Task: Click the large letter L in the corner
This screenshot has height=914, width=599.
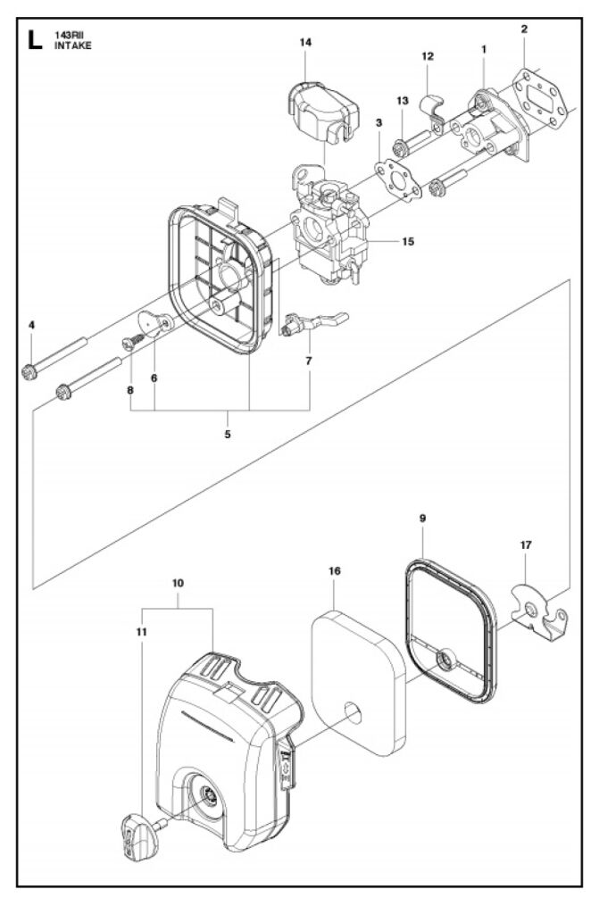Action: (35, 39)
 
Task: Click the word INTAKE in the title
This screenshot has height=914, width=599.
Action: (73, 46)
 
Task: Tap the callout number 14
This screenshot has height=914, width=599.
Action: (305, 42)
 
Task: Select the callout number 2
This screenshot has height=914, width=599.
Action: (524, 29)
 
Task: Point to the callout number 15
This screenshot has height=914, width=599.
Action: (408, 241)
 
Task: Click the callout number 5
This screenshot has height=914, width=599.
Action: (228, 434)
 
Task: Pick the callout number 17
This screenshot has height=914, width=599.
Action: (526, 545)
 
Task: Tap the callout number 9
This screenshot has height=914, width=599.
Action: (423, 518)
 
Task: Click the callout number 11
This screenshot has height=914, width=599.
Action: (142, 632)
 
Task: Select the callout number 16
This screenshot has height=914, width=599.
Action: (334, 570)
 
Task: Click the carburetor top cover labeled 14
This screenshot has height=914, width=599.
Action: (322, 112)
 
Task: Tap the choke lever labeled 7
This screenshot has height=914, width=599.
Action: (314, 323)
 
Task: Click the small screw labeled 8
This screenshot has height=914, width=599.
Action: (133, 342)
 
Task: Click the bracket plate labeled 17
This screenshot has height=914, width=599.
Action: (538, 612)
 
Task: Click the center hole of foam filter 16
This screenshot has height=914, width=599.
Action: (353, 711)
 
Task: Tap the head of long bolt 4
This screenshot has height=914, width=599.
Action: (29, 371)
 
